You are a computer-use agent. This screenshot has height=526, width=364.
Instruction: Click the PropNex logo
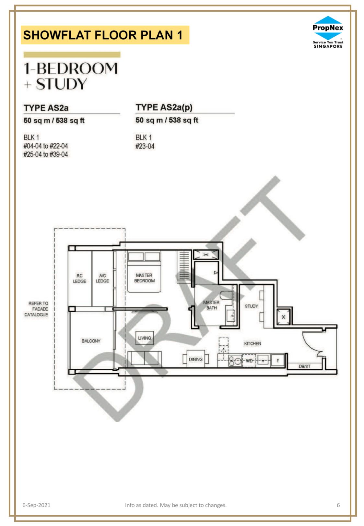(x=328, y=32)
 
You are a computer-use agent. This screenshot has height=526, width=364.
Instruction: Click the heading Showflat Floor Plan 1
(x=103, y=35)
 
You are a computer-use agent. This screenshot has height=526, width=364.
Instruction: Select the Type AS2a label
(x=46, y=108)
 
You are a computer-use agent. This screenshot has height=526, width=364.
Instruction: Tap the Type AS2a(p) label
(x=164, y=108)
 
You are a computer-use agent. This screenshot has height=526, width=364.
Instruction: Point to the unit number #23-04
(x=145, y=146)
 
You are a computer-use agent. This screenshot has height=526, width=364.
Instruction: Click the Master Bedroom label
(x=144, y=278)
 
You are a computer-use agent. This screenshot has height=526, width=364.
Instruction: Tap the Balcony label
(x=91, y=341)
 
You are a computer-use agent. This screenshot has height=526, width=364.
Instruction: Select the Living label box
(x=145, y=338)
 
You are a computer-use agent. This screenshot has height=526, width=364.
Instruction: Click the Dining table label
(x=196, y=359)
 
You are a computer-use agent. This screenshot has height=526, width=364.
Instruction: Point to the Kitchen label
(x=252, y=343)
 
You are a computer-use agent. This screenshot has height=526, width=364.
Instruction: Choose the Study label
(x=251, y=306)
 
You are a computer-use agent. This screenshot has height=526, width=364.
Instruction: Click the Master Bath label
(x=211, y=305)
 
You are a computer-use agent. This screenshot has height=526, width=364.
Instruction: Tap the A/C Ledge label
(x=102, y=278)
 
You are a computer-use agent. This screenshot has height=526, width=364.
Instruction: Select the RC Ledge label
(x=79, y=278)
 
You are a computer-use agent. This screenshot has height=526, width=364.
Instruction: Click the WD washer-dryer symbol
(x=249, y=361)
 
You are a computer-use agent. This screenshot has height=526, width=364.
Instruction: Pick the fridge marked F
(x=278, y=361)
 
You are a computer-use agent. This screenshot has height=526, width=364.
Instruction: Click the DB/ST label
(x=304, y=366)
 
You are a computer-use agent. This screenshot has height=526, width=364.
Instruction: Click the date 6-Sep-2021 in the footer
(x=36, y=505)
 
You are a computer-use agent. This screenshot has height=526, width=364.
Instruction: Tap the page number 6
(x=338, y=505)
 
